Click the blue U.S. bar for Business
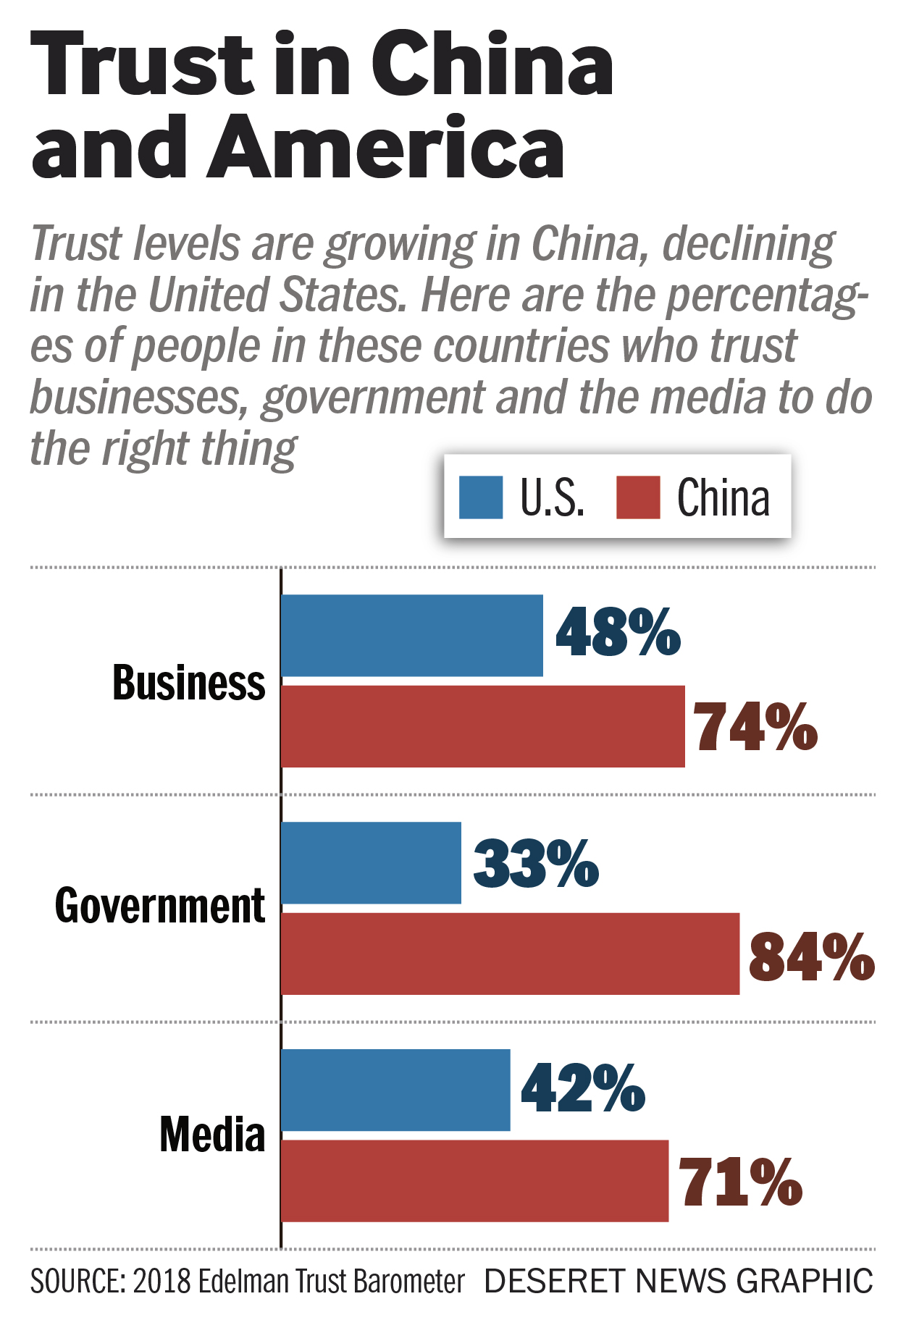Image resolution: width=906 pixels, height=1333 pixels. pos(411,635)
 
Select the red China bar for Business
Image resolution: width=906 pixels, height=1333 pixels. pos(482,726)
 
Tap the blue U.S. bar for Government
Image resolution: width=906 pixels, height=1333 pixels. pos(371,862)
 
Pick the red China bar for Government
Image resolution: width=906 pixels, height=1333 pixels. pos(510,954)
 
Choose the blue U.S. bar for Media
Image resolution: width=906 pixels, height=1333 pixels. pos(395,1090)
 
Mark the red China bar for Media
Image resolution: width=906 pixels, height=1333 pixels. pos(474,1181)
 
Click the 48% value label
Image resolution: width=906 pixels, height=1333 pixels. pos(618,633)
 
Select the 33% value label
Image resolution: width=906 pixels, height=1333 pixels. pos(536,862)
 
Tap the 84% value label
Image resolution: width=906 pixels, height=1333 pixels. pos(811,956)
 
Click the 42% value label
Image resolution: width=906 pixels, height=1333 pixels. pos(583,1088)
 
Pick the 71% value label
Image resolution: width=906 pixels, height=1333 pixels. pos(740,1182)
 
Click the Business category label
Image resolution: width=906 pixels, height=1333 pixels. pos(189,683)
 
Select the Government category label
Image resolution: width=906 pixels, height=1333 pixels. pos(161,906)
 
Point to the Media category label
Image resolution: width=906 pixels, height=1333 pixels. pos(212,1134)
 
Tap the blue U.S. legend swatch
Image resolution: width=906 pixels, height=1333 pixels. pos(481,497)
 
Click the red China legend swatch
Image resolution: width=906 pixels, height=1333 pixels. pos(638,497)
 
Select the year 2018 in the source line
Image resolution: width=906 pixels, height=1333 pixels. pos(162,1281)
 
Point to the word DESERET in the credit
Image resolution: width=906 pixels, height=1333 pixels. pos(554,1281)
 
